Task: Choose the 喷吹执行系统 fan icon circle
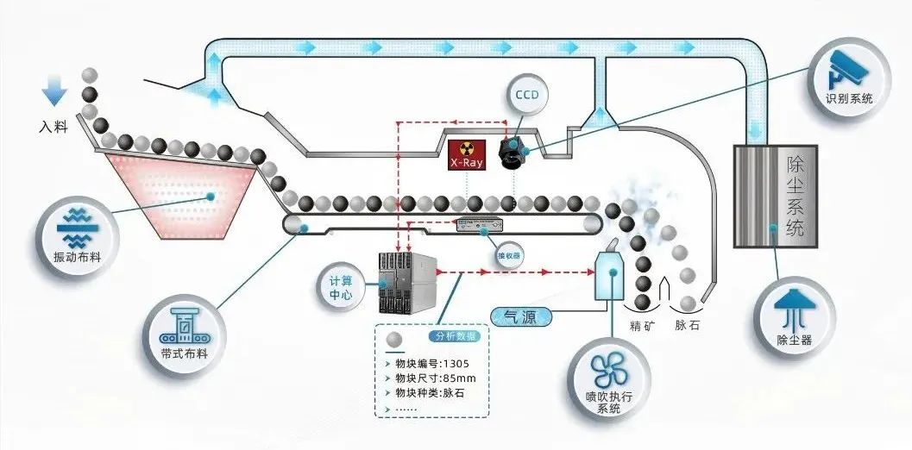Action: point(608,378)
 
